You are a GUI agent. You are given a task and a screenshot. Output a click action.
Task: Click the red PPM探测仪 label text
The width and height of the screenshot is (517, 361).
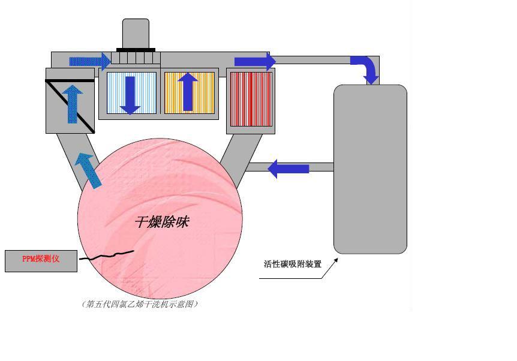tap(41, 258)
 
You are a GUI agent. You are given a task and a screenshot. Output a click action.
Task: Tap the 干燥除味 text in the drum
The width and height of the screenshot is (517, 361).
tap(162, 222)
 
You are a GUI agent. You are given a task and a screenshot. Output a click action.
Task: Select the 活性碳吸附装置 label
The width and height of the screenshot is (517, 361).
tap(293, 264)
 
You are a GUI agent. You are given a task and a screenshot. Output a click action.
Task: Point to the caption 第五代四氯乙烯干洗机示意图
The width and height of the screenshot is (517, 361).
tap(140, 303)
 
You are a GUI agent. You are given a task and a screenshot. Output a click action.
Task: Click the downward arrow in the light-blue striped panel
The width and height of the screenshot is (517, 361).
tap(131, 95)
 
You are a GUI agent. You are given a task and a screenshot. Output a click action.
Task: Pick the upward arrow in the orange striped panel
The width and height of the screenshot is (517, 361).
tap(188, 92)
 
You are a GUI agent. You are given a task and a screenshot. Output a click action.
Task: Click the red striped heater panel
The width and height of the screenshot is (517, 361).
tap(251, 99)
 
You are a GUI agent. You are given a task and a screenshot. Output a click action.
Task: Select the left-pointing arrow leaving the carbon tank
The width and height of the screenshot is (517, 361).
tap(288, 169)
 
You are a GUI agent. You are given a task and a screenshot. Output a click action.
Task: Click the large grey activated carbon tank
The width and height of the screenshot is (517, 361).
tap(370, 169)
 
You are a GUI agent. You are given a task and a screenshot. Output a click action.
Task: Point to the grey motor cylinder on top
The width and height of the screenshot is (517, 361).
tap(136, 34)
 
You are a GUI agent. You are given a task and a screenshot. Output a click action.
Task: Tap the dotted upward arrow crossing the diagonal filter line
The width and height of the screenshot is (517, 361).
tap(72, 104)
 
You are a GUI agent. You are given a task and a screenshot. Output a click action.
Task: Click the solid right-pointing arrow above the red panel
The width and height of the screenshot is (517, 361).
tap(255, 62)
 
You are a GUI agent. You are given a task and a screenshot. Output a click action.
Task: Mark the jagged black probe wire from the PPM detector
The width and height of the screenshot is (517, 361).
tap(107, 255)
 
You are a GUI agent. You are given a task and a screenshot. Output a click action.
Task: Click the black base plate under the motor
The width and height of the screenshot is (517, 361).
tap(136, 50)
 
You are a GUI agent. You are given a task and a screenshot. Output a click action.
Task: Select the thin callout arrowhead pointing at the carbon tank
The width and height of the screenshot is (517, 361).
tap(336, 260)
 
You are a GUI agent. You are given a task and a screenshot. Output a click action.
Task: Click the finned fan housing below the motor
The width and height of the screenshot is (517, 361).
tap(136, 58)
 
